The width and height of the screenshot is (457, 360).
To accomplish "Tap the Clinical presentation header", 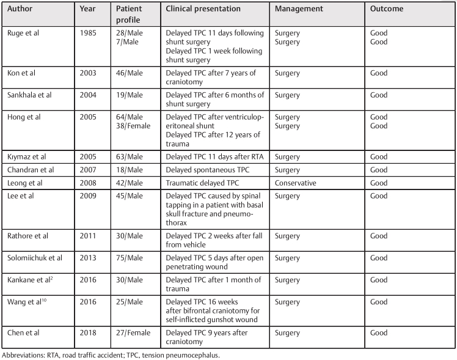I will click(203, 9).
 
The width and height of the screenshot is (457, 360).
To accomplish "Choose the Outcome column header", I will click(387, 9).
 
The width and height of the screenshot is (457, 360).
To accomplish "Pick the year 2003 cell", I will click(89, 73).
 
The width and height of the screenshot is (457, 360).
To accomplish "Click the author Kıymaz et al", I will click(27, 156).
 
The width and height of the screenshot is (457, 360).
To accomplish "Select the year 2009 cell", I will click(89, 196).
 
